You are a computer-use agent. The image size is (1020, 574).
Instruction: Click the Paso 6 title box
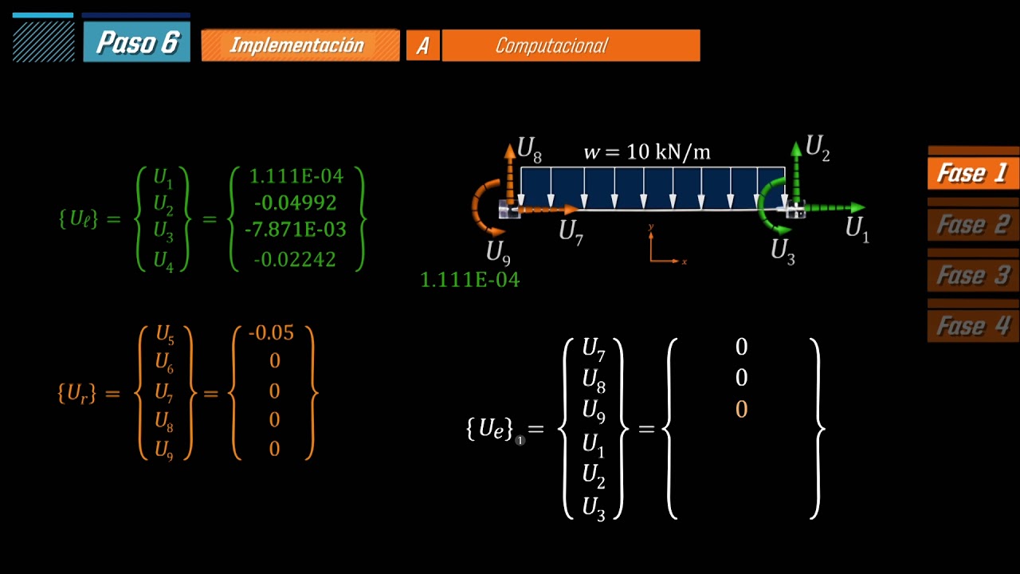point(136,42)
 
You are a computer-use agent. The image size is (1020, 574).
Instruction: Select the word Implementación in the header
point(297,45)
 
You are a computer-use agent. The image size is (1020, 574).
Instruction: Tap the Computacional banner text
point(551,45)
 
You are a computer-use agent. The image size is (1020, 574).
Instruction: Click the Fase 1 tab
point(973,173)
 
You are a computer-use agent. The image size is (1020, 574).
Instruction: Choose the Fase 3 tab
point(973,275)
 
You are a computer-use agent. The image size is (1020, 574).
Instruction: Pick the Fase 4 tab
point(973,326)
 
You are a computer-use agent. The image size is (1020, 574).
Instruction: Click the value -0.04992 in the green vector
point(295,202)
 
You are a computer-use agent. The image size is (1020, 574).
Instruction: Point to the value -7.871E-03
point(296,230)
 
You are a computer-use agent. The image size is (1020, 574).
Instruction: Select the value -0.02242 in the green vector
point(295,260)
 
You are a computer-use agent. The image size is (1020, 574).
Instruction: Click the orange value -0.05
point(272,333)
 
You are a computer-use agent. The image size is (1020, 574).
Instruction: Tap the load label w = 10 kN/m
point(647,151)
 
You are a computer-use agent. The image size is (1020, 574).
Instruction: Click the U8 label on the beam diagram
point(529,149)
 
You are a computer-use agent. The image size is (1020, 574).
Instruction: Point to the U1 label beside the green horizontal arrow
point(857,229)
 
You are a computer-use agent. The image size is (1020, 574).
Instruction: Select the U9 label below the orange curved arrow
point(498,253)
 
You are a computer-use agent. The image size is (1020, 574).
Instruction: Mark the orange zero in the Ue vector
point(741,409)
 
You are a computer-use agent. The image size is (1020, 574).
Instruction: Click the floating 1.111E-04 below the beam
point(469,280)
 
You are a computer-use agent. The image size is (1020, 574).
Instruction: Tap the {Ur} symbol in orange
point(77,393)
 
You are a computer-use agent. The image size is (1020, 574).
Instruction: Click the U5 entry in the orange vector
point(165,334)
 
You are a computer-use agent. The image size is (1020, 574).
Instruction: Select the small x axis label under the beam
point(684,262)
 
